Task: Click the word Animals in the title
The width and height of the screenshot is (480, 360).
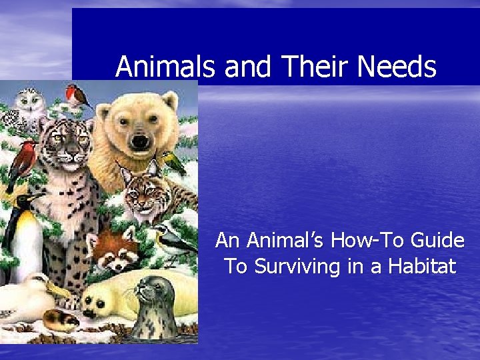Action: (x=166, y=67)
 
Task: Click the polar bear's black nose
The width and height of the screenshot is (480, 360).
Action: (x=139, y=141)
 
